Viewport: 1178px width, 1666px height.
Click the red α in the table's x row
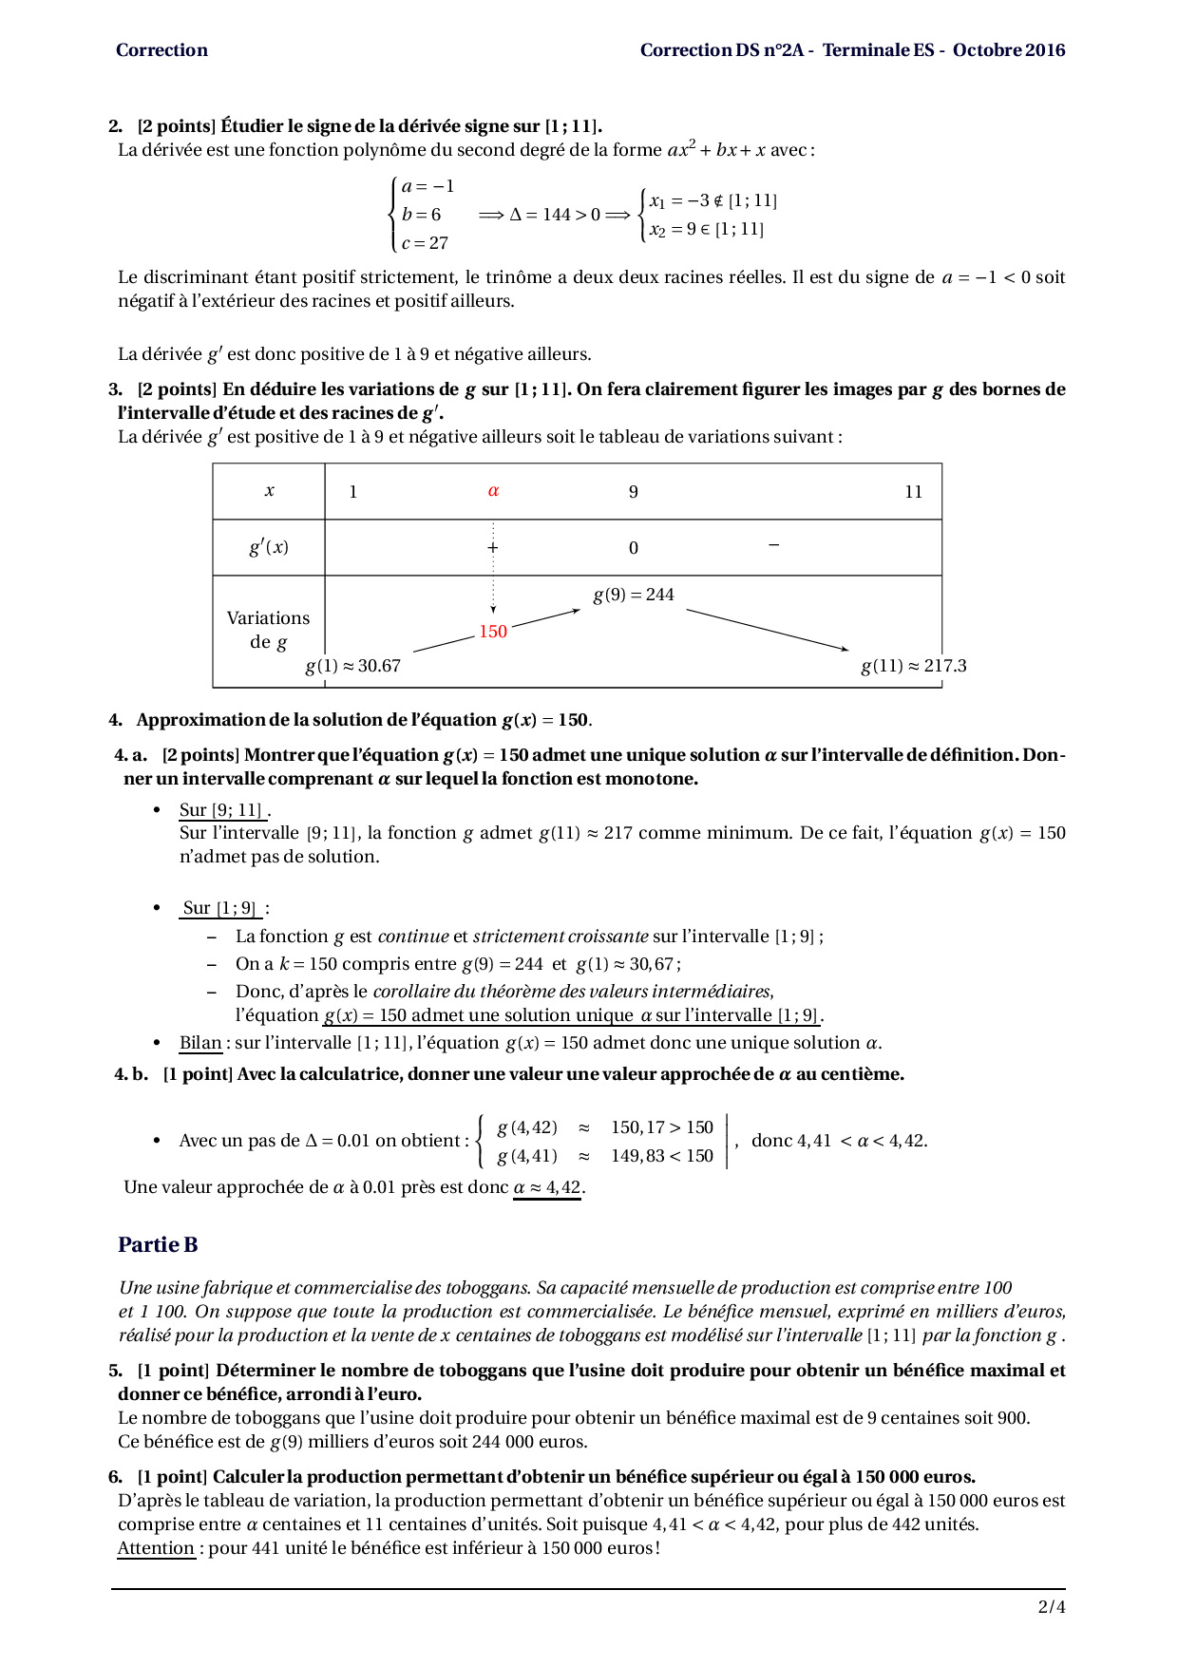[493, 491]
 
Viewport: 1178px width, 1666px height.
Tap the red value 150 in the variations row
[493, 632]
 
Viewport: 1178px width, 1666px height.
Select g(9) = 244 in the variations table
[634, 595]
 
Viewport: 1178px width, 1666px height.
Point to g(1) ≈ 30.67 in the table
[352, 666]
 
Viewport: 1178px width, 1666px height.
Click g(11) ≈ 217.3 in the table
[913, 666]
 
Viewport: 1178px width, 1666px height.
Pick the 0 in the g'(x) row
[634, 548]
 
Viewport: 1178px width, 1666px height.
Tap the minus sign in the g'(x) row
[773, 545]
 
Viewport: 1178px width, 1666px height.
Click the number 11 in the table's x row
[913, 492]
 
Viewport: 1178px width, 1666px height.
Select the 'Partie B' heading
[158, 1244]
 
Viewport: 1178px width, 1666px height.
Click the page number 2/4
[1052, 1607]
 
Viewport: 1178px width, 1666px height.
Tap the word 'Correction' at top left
[161, 50]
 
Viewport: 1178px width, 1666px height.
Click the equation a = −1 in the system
[427, 186]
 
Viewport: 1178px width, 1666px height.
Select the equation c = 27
[425, 243]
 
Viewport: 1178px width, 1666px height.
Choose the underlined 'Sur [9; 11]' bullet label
[221, 810]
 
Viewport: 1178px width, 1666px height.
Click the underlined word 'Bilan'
[200, 1043]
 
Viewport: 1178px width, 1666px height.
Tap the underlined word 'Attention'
[156, 1548]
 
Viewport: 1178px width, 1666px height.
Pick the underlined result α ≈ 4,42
[547, 1187]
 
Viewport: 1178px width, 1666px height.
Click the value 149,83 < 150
[661, 1156]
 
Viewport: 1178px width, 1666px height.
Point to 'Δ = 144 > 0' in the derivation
[555, 215]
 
